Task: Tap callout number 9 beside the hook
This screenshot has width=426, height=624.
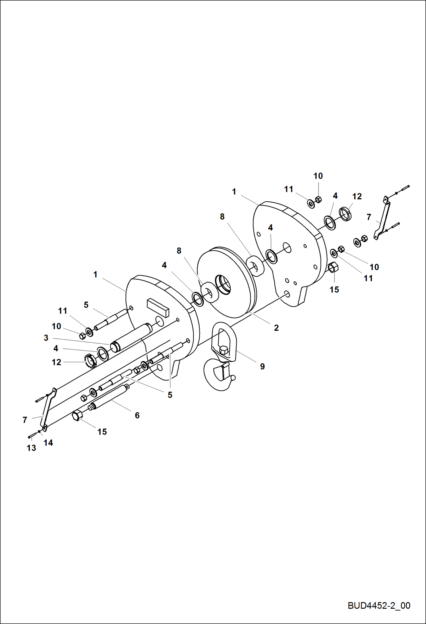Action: pos(262,366)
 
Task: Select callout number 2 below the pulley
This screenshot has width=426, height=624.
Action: pos(276,328)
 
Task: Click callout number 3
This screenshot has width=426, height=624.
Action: pos(46,338)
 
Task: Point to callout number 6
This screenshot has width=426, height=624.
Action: pos(137,415)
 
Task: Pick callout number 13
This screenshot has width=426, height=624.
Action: pos(31,448)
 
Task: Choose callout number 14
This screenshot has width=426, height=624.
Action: pos(48,442)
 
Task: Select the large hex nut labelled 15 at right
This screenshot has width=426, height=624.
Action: pos(333,267)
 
